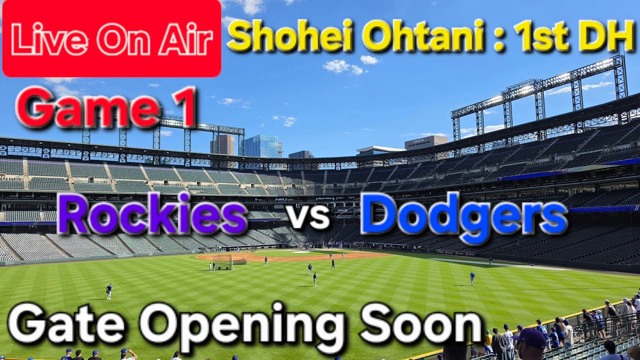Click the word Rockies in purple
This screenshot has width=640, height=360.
coord(152,213)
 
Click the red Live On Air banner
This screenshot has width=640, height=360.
coord(111,38)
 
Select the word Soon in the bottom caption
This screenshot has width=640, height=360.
coord(421,325)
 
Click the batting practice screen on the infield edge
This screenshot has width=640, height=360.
coord(222,262)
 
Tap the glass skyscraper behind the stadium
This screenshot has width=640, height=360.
coord(262,146)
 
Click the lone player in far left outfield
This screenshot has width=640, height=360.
coord(109,291)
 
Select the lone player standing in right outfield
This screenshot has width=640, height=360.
coord(472,278)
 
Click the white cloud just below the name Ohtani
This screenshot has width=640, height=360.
coord(343,66)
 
